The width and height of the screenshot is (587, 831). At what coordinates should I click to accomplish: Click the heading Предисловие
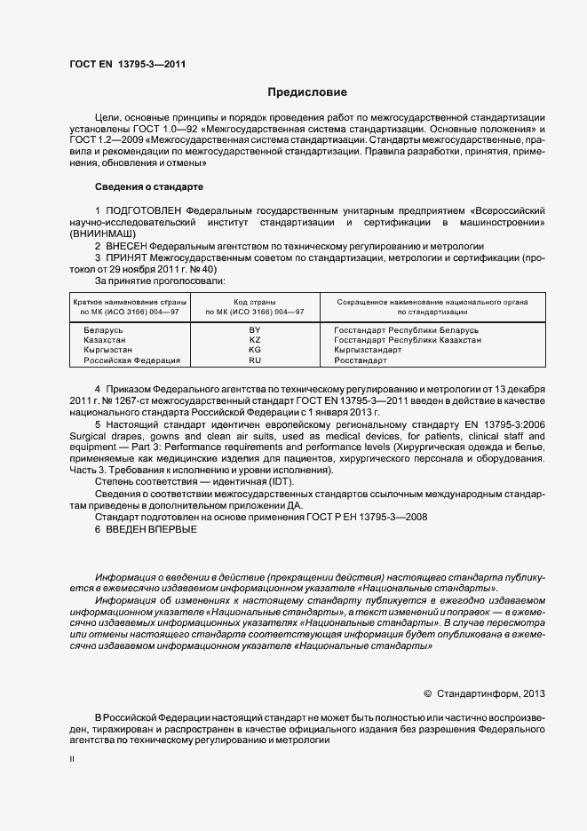click(x=306, y=92)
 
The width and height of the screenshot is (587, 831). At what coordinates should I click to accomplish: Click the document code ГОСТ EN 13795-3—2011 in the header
click(x=127, y=63)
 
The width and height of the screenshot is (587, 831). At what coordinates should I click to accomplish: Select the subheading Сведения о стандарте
click(x=149, y=187)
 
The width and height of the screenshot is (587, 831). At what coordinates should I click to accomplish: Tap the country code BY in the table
click(x=255, y=329)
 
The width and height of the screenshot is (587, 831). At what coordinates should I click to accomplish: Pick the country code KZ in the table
click(x=255, y=340)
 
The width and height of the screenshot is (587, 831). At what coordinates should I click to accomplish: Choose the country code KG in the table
click(x=255, y=350)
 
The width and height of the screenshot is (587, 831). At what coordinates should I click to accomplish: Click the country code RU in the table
click(x=255, y=360)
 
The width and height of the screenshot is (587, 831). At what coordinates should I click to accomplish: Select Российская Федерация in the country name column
click(x=131, y=360)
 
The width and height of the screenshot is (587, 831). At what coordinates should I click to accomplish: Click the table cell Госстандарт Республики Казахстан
click(x=408, y=340)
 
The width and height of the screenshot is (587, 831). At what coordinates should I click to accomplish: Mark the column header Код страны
click(x=255, y=303)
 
